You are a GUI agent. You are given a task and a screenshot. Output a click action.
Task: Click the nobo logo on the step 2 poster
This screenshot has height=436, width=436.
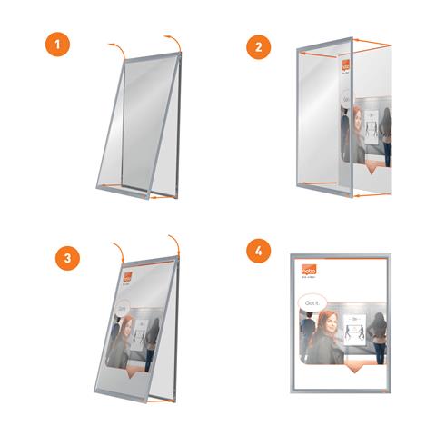click(x=345, y=66)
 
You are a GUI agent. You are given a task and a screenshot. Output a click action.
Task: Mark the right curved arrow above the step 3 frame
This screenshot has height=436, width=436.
click(x=173, y=241)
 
